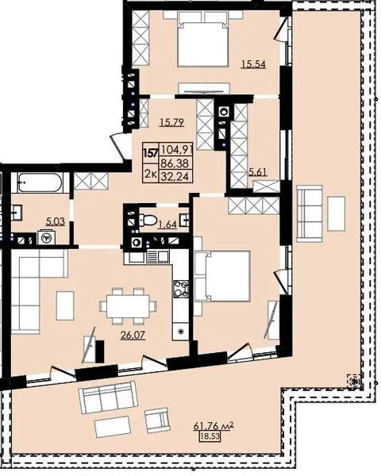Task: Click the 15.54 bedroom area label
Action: point(253,64)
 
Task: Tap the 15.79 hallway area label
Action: point(172,122)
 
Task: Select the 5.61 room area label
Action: point(258,172)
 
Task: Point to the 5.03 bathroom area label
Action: point(55,221)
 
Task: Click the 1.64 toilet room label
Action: point(167,225)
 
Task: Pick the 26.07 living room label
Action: point(133,335)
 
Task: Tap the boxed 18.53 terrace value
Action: point(209,437)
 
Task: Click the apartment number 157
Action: point(151,152)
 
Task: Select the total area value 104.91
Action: point(177,149)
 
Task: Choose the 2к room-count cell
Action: point(150,175)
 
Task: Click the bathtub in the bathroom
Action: point(40,182)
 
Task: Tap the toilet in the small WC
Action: point(148,219)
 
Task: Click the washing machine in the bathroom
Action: point(46,237)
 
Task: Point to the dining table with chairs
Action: point(129,306)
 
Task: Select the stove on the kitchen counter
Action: point(181,289)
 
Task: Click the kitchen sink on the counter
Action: point(158,257)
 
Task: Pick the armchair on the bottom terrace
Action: point(157,420)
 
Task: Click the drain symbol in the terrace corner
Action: point(355,380)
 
